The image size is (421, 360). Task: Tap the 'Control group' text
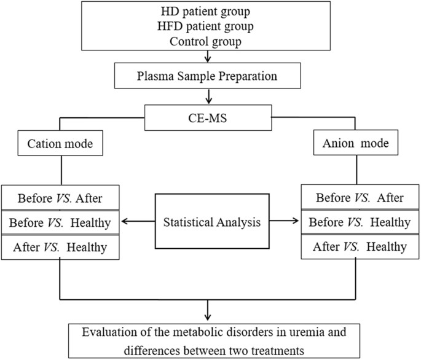pos(210,42)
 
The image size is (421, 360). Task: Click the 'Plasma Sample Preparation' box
pos(210,78)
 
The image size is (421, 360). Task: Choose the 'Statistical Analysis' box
pos(211,222)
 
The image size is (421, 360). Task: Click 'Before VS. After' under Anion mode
pos(360,198)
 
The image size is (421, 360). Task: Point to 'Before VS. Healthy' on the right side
pos(360,222)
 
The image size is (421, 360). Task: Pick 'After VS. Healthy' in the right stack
pos(360,247)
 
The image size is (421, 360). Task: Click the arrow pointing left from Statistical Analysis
pos(135,222)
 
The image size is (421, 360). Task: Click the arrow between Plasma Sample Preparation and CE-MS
pos(210,96)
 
